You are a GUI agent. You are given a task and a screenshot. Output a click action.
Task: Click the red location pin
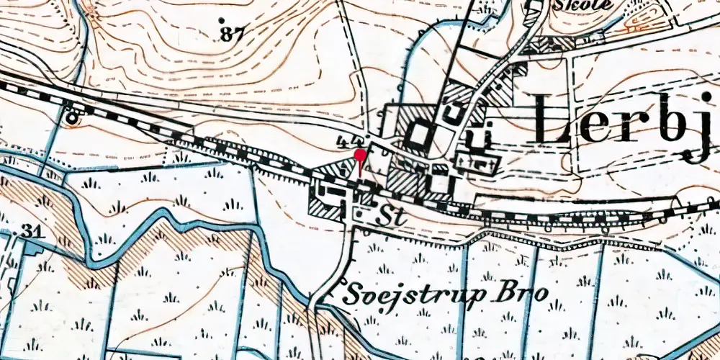(x=360, y=158)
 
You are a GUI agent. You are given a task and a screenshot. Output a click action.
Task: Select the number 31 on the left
(x=30, y=230)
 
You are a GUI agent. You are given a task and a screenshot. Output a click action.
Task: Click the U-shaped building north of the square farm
(x=454, y=112)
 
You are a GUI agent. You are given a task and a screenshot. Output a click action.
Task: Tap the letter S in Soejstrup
(x=352, y=293)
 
